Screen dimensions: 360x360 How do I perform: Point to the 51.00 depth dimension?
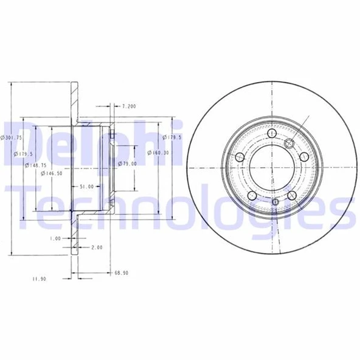[x=87, y=186]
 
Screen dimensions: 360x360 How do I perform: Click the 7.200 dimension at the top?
[x=128, y=106]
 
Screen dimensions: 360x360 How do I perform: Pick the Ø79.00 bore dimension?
[x=126, y=164]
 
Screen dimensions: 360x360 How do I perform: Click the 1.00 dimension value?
[x=55, y=239]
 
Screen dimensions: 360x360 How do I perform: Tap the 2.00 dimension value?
[x=96, y=247]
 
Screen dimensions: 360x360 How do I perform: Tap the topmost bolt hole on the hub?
[x=269, y=133]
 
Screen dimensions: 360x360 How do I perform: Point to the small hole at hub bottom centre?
[x=275, y=202]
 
